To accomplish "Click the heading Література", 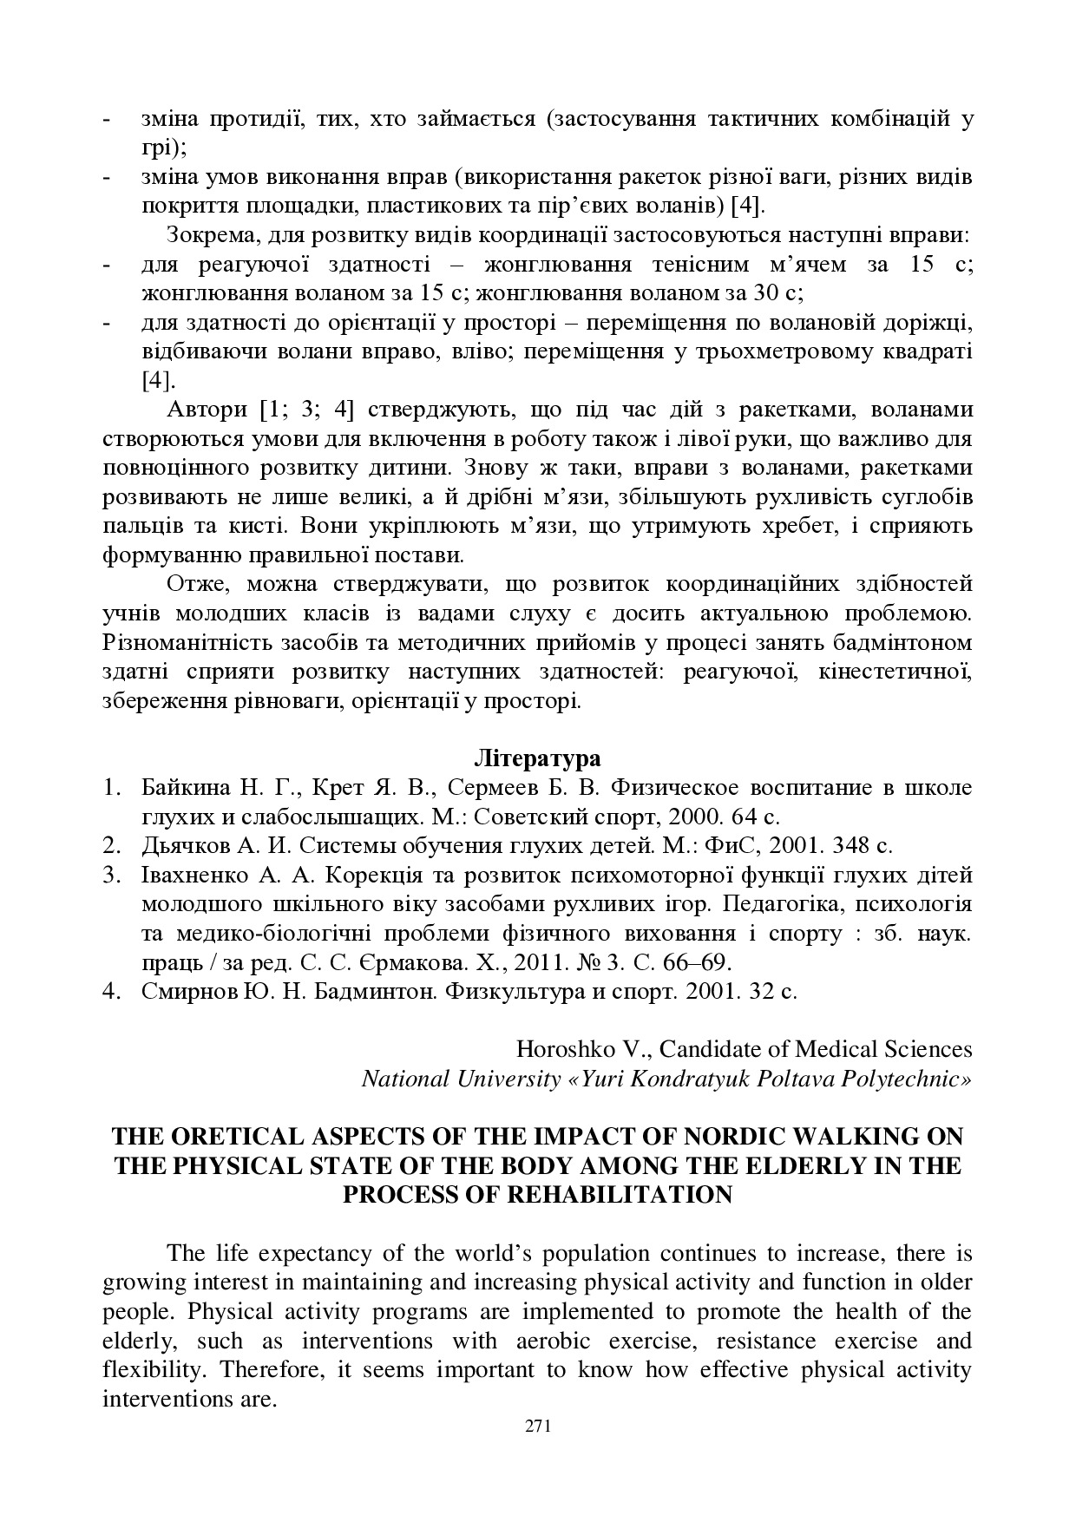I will [x=538, y=758].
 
